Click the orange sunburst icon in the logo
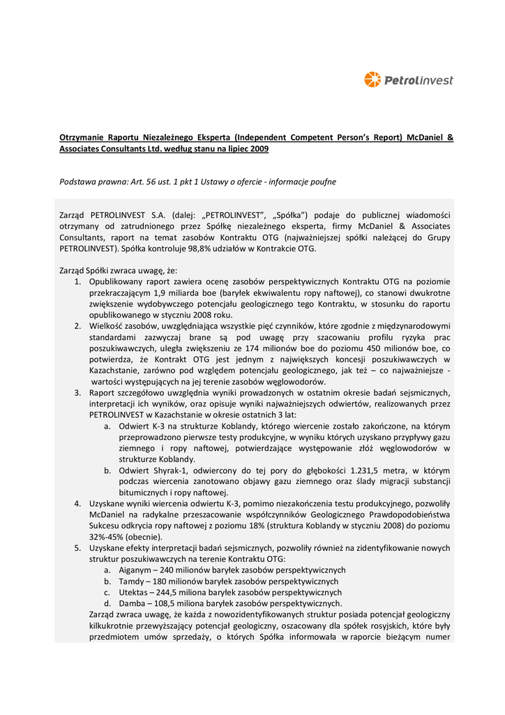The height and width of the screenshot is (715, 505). (372, 80)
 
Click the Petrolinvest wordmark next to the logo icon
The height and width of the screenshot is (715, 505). (419, 80)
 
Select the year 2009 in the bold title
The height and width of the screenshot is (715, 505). (259, 149)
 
